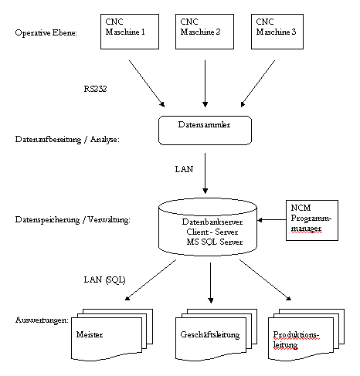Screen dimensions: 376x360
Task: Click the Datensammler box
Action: click(x=205, y=129)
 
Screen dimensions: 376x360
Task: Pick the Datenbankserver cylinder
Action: click(x=207, y=227)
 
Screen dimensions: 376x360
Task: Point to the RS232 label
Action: click(x=96, y=89)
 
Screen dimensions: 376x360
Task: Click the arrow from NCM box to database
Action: click(x=271, y=221)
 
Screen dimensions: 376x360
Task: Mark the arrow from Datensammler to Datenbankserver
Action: click(x=205, y=174)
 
